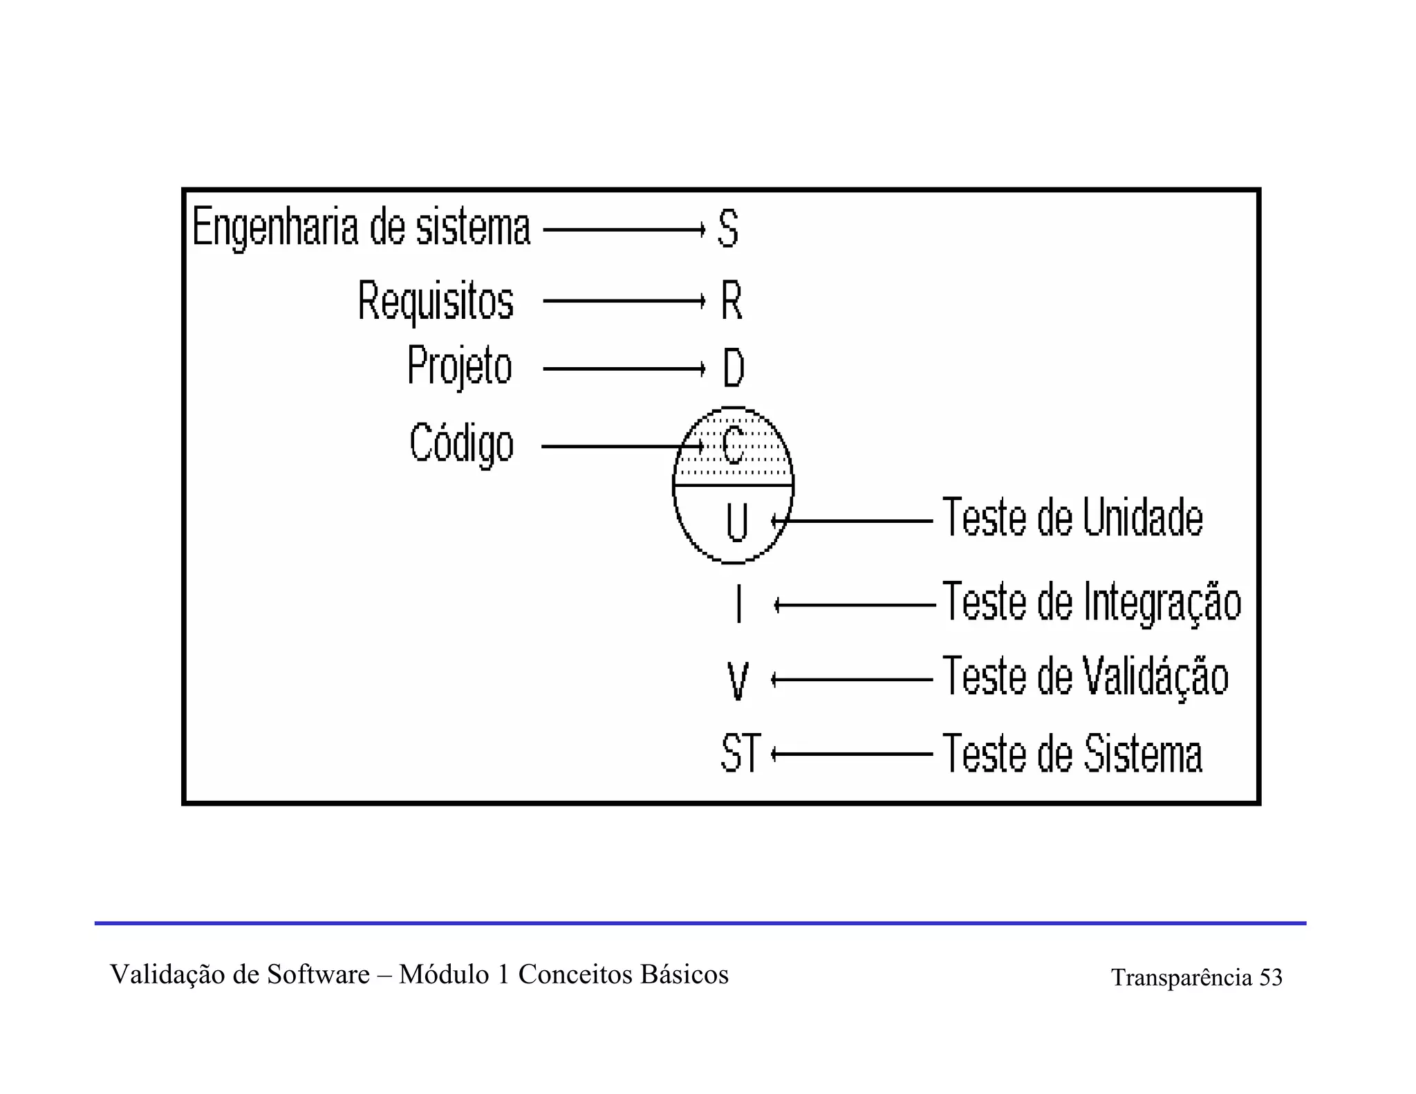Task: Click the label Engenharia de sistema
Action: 361,228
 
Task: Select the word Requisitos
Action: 436,301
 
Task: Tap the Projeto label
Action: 459,366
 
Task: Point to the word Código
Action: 461,443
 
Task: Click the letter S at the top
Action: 728,228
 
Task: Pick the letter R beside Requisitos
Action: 732,301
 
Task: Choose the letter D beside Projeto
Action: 733,368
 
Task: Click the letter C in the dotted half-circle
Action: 732,445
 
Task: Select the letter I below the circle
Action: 739,604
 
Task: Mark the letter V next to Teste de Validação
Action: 738,681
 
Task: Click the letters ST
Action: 740,753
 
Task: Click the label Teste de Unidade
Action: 1072,517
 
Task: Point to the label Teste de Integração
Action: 1092,602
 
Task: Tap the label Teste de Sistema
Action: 1072,753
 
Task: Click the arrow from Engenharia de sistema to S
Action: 624,229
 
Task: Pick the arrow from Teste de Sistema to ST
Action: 852,754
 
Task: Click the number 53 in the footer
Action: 1271,977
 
